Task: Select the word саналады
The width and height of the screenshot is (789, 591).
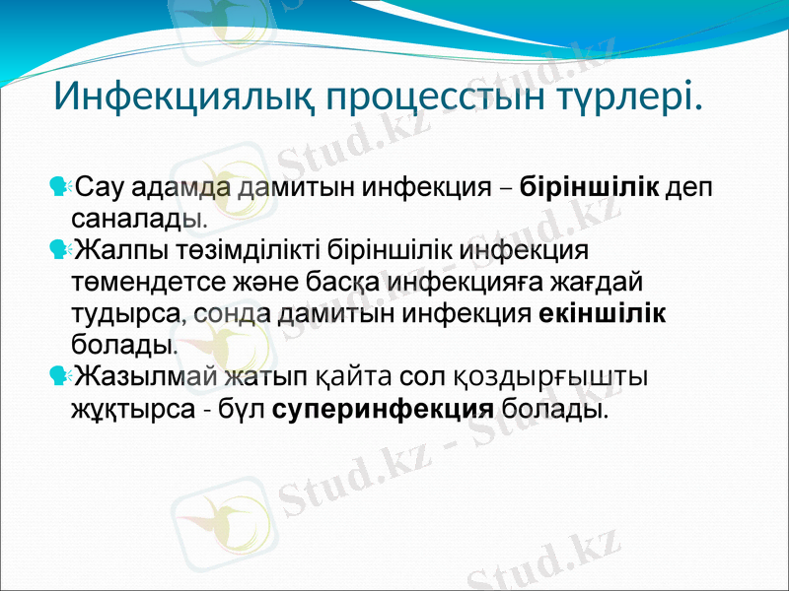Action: click(x=139, y=216)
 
